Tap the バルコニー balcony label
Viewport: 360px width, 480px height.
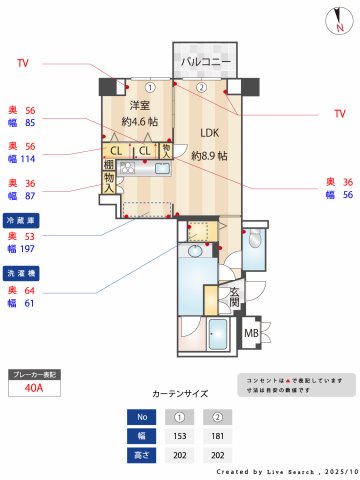point(206,62)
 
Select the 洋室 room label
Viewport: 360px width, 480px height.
point(139,105)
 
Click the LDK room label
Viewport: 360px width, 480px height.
point(209,132)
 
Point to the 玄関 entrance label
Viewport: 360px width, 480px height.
point(234,297)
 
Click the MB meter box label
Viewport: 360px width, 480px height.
point(252,333)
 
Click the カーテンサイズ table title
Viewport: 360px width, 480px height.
point(181,394)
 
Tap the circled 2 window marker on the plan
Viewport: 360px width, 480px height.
point(200,87)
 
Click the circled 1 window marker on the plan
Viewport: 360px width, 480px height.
point(148,87)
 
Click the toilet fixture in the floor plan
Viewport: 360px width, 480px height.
point(253,241)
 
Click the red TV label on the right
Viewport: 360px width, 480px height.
point(339,115)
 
